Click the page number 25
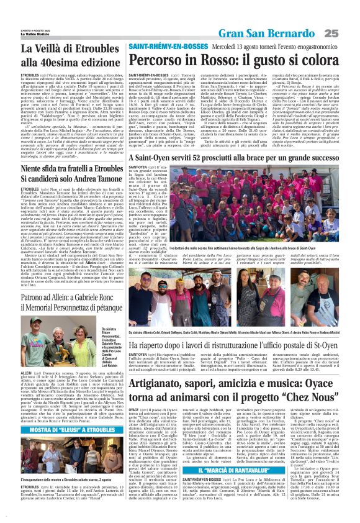pyautogui.click(x=348, y=32)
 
